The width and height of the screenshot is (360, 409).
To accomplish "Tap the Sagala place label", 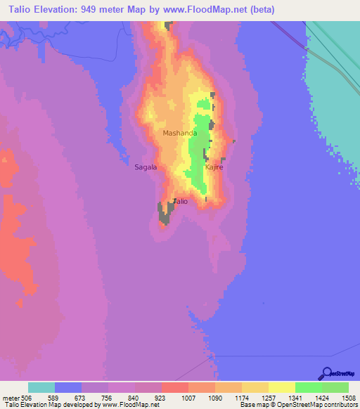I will tap(146, 167).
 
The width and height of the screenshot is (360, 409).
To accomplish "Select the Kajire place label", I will tap(214, 168).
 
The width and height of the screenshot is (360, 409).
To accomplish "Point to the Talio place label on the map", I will tap(181, 202).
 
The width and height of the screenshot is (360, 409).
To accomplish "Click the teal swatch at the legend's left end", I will tap(41, 387).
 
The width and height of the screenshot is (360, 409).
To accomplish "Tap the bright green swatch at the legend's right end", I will tap(335, 387).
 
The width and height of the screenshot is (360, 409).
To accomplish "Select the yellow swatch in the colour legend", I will tap(282, 387).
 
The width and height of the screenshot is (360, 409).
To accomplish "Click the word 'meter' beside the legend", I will tap(11, 398).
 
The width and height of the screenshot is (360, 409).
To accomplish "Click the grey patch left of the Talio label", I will tap(166, 212).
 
